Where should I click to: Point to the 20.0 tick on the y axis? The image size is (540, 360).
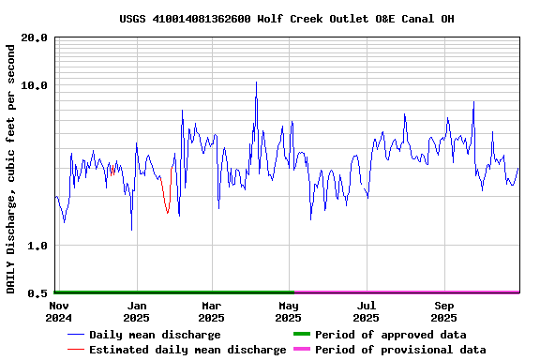(x=36, y=37)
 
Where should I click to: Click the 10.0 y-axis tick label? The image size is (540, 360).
(x=36, y=85)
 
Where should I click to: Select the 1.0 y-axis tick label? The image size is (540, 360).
(x=38, y=246)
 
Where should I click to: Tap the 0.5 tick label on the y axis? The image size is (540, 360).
(x=38, y=293)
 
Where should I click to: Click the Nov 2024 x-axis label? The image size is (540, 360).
(x=58, y=311)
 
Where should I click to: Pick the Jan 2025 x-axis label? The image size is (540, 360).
(x=137, y=311)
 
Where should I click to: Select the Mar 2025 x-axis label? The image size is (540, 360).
(x=211, y=311)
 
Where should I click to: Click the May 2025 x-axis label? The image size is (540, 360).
(x=289, y=311)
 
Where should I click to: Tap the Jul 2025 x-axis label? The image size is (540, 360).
(x=366, y=311)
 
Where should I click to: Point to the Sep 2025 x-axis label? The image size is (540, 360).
(x=444, y=311)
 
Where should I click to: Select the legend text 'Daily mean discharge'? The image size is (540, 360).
(x=155, y=335)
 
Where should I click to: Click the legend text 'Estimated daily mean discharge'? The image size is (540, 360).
(x=187, y=350)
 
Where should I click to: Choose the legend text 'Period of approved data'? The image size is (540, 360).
(x=390, y=335)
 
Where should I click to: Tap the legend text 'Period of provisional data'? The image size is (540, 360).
(x=400, y=350)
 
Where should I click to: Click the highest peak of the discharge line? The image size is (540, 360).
(x=256, y=82)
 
